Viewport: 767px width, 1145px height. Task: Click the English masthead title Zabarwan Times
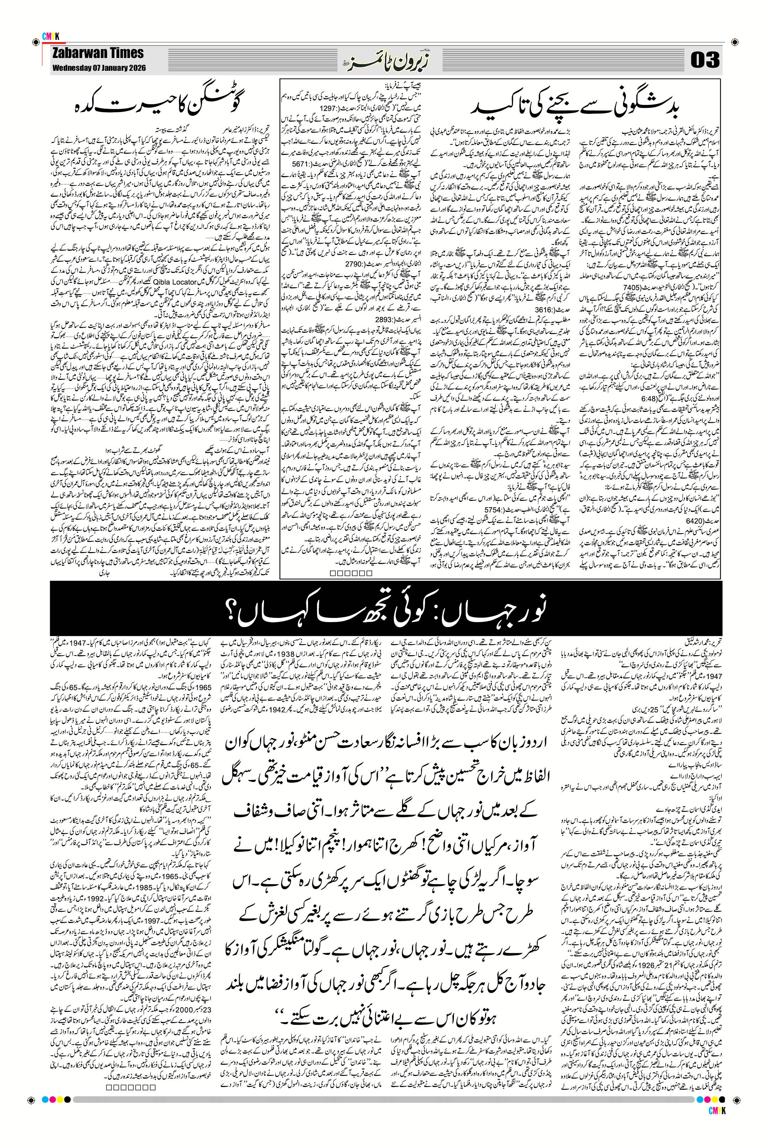[x=98, y=53]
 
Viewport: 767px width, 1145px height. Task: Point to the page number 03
[x=705, y=60]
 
